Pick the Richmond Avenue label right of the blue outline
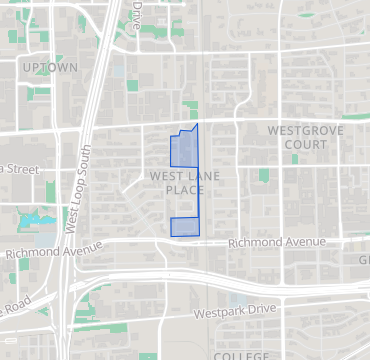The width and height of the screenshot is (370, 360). tap(276, 242)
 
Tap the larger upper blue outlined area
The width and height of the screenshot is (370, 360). tap(184, 150)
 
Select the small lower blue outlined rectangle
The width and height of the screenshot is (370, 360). tap(184, 227)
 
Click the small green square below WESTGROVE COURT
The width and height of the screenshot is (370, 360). tap(264, 176)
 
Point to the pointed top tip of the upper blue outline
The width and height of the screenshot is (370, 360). tap(197, 124)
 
